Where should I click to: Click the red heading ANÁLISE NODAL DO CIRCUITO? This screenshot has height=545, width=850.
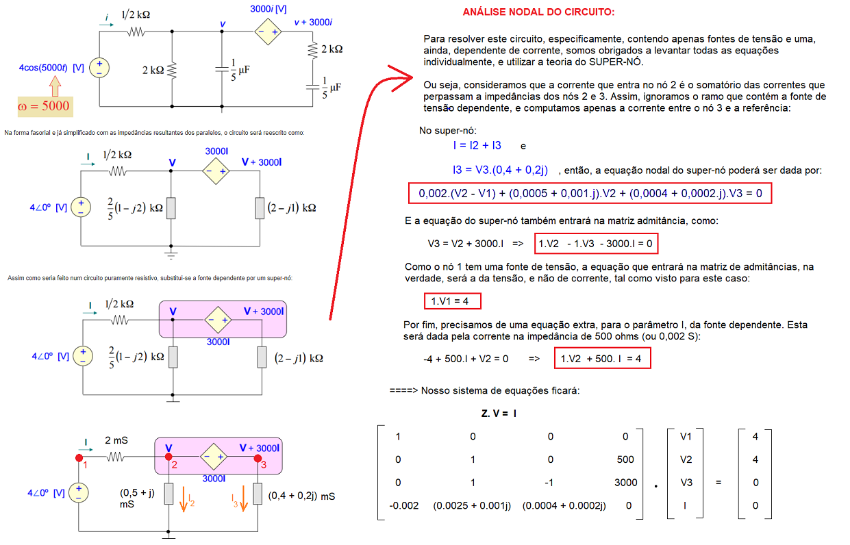538,12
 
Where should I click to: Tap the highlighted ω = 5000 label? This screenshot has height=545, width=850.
45,106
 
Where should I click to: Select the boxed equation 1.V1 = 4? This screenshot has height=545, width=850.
452,301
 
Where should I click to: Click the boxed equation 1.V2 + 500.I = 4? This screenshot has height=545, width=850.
602,358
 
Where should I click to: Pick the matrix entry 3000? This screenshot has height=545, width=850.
626,483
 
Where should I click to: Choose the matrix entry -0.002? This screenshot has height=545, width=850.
403,505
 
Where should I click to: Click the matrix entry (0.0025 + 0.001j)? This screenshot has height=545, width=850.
472,505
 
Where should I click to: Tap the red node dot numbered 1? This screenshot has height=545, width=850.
79,458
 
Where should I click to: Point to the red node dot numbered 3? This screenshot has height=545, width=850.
258,458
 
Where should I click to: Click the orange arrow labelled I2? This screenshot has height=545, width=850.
184,499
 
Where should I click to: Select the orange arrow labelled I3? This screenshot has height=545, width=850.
244,499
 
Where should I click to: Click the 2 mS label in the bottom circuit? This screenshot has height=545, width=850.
116,440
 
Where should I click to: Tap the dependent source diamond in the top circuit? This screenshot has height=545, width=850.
268,31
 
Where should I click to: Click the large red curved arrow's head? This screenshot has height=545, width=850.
403,78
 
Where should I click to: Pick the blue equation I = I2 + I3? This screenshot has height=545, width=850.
477,146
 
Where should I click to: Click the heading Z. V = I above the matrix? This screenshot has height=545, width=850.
499,414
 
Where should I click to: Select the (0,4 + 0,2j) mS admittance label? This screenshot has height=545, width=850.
301,496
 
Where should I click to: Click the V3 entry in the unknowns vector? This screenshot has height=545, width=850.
686,483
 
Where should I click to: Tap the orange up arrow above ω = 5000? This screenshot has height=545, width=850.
55,86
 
